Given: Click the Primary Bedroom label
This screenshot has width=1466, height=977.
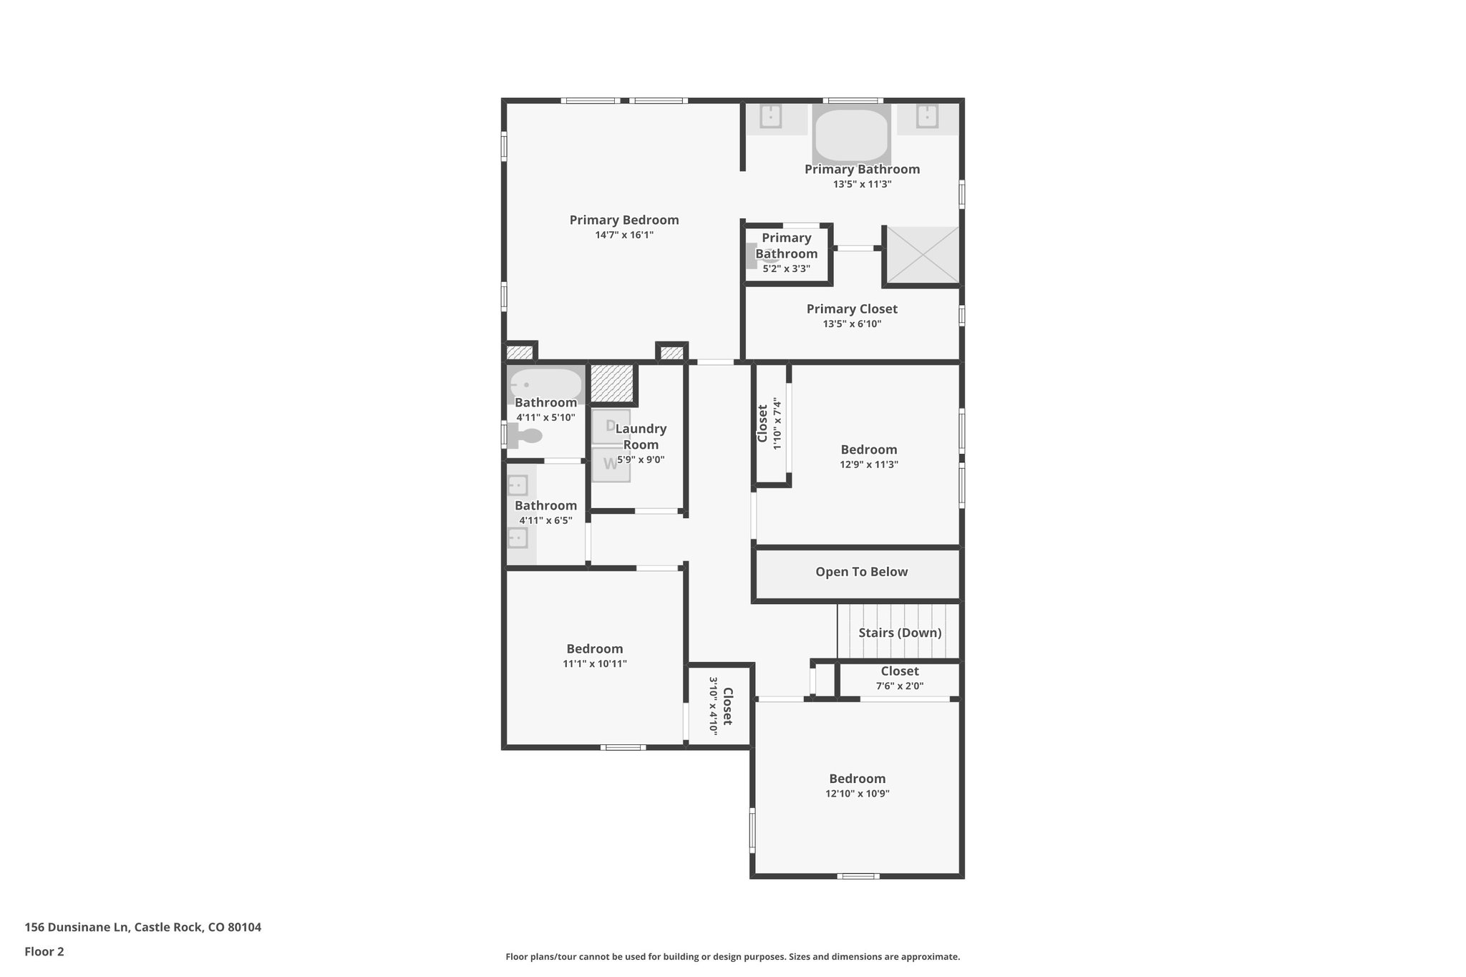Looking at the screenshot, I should click(623, 220).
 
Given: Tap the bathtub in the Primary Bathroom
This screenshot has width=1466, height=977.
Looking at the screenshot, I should click(851, 135).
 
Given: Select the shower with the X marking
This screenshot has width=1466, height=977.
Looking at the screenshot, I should click(923, 254).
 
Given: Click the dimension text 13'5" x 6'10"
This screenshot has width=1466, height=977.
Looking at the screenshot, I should click(852, 324).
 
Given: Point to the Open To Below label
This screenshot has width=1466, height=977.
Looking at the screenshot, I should click(861, 572).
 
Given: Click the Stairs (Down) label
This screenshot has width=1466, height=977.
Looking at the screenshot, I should click(900, 633).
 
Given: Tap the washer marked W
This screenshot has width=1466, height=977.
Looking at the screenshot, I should click(611, 464).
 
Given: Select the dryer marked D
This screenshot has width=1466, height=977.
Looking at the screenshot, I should click(611, 426).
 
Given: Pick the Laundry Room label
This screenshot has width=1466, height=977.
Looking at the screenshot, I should click(641, 437).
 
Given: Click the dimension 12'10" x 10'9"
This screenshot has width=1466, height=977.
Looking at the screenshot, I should click(857, 794).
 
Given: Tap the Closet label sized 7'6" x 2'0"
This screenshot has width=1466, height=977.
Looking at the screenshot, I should click(900, 671).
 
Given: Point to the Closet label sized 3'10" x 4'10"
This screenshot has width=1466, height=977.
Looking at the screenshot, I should click(727, 706).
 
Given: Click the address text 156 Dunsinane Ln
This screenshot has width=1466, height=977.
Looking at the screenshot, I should click(77, 928).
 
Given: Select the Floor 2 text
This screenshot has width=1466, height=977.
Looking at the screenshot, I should click(44, 952).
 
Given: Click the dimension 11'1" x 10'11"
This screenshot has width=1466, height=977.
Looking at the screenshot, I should click(594, 664).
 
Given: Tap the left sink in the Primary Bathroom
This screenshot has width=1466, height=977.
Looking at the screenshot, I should click(770, 116).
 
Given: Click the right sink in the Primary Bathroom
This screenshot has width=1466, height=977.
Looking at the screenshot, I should click(927, 116).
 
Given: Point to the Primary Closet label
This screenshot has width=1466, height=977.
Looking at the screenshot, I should click(852, 309).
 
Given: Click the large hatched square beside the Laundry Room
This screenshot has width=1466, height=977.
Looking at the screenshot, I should click(613, 384).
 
